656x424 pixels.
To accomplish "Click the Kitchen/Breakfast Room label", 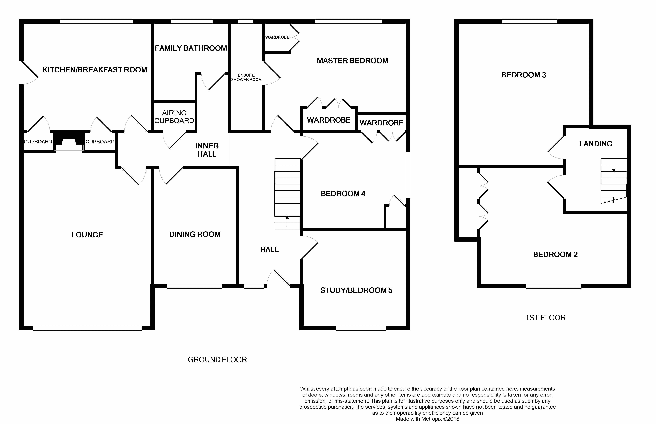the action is click(x=95, y=70).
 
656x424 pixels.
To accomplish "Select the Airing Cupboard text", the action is click(x=174, y=117).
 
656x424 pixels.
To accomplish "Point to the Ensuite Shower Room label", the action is click(x=246, y=77).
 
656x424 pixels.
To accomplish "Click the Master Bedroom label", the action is click(x=352, y=61).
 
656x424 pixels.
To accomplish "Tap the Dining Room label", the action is click(x=195, y=234).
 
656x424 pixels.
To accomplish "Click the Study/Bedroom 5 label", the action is click(x=356, y=290).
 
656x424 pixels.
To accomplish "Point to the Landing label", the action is click(x=596, y=144).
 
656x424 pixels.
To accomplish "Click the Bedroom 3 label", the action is click(x=523, y=75).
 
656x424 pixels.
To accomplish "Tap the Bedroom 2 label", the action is click(x=555, y=254).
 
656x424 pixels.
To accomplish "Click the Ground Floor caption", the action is click(x=217, y=360).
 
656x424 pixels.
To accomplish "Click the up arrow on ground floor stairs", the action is click(x=287, y=221).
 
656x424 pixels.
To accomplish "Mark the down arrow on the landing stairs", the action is click(x=614, y=167).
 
